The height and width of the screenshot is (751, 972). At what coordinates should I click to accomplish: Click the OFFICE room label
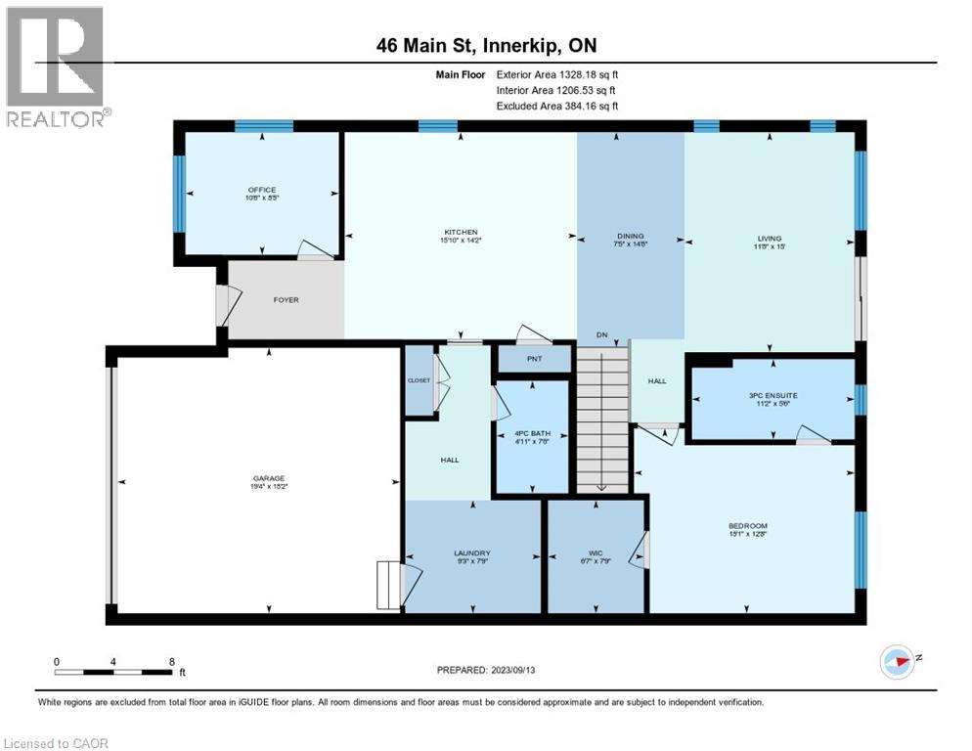click(261, 190)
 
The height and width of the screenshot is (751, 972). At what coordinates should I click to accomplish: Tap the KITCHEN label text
click(459, 232)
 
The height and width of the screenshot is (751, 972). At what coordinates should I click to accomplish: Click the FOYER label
click(286, 299)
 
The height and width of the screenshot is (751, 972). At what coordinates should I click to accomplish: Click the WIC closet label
click(595, 552)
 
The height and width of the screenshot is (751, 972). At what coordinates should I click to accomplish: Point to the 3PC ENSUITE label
click(773, 395)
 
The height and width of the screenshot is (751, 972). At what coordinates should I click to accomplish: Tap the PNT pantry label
click(534, 359)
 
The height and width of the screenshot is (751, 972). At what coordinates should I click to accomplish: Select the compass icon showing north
click(895, 660)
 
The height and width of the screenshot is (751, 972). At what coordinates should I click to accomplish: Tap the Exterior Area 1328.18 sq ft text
click(557, 73)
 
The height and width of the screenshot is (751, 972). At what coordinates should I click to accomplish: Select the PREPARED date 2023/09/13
click(486, 670)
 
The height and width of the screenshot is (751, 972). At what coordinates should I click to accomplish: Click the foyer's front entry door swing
click(225, 305)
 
